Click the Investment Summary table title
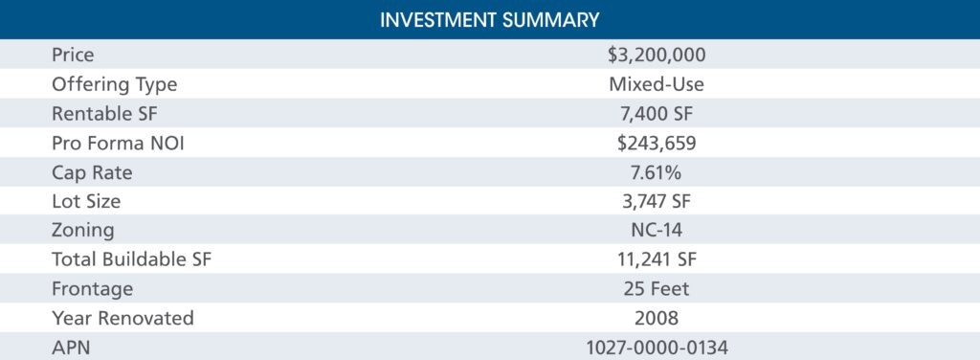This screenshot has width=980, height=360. click(489, 19)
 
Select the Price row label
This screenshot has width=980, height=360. click(73, 55)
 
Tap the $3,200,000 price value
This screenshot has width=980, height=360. click(657, 55)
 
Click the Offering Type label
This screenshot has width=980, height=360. click(115, 84)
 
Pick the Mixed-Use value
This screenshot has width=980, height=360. click(657, 84)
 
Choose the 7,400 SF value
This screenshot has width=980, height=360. click(657, 114)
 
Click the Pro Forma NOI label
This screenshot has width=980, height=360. click(118, 143)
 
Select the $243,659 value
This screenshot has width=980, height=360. click(657, 143)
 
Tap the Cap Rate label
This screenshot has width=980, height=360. click(92, 172)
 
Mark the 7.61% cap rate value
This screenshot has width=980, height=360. click(657, 172)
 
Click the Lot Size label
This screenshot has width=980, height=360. click(86, 201)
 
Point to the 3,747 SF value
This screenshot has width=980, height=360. click(657, 201)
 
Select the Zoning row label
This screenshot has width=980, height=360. click(83, 231)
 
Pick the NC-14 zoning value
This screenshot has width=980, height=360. click(657, 231)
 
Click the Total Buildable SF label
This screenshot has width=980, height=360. click(132, 260)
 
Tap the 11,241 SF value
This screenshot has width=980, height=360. click(657, 260)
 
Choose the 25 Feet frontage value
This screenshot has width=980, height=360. click(657, 289)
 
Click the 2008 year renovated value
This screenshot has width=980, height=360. click(657, 319)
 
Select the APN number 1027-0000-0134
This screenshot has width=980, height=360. click(657, 348)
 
